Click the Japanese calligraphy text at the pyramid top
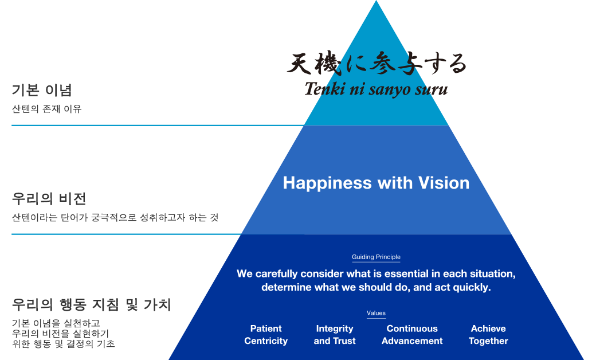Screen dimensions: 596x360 pyautogui.click(x=377, y=63)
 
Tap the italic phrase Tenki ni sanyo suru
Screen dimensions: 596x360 pyautogui.click(x=376, y=89)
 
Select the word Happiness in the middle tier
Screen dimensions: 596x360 pyautogui.click(x=327, y=183)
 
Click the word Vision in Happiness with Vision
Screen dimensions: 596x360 pyautogui.click(x=444, y=183)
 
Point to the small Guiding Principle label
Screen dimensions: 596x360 pyautogui.click(x=376, y=257)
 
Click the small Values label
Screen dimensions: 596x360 pyautogui.click(x=376, y=313)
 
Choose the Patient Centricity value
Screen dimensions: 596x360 pyautogui.click(x=266, y=335)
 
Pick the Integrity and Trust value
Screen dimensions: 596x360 pyautogui.click(x=335, y=335)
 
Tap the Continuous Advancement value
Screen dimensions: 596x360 pyautogui.click(x=412, y=335)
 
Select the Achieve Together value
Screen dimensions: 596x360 pyautogui.click(x=488, y=335)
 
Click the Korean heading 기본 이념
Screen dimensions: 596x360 pyautogui.click(x=42, y=90)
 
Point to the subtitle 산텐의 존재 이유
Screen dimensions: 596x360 pyautogui.click(x=47, y=109)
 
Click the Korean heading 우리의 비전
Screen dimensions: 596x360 pyautogui.click(x=49, y=198)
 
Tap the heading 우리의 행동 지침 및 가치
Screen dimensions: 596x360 pyautogui.click(x=92, y=304)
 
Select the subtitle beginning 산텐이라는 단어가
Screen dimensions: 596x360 pyautogui.click(x=115, y=217)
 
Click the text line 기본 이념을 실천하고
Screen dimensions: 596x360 pyautogui.click(x=56, y=323)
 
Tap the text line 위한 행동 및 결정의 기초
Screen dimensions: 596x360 pyautogui.click(x=63, y=343)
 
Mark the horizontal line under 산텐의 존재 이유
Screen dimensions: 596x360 pyautogui.click(x=158, y=125)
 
